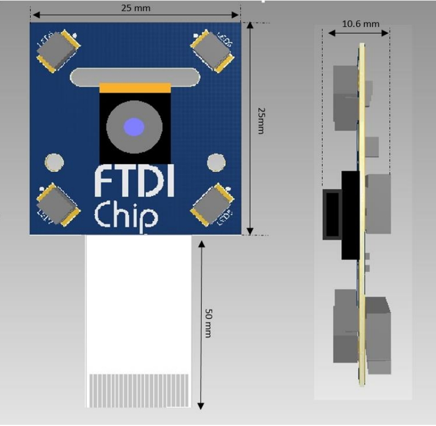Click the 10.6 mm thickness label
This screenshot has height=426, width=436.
(360, 24)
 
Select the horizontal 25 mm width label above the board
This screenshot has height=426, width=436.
(135, 8)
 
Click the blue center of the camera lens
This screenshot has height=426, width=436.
(134, 126)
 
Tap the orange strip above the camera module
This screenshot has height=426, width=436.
(135, 88)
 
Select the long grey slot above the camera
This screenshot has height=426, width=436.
(135, 77)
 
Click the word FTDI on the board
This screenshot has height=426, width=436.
(134, 181)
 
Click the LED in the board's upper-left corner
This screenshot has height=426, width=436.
(56, 50)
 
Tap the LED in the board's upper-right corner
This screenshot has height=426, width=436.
(213, 50)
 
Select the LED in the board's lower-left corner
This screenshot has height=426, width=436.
(56, 204)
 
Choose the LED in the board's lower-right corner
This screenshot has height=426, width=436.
(213, 204)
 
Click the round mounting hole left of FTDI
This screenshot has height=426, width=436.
(54, 162)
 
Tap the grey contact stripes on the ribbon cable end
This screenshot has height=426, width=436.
(139, 389)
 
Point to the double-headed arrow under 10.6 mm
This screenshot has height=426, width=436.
(359, 33)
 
